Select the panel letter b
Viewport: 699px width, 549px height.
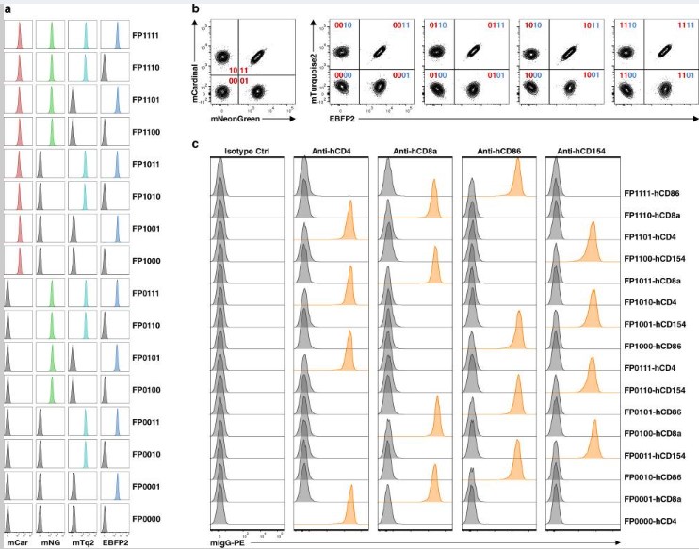195,8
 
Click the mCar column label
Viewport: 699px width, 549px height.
17,541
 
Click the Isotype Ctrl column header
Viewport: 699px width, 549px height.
242,151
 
